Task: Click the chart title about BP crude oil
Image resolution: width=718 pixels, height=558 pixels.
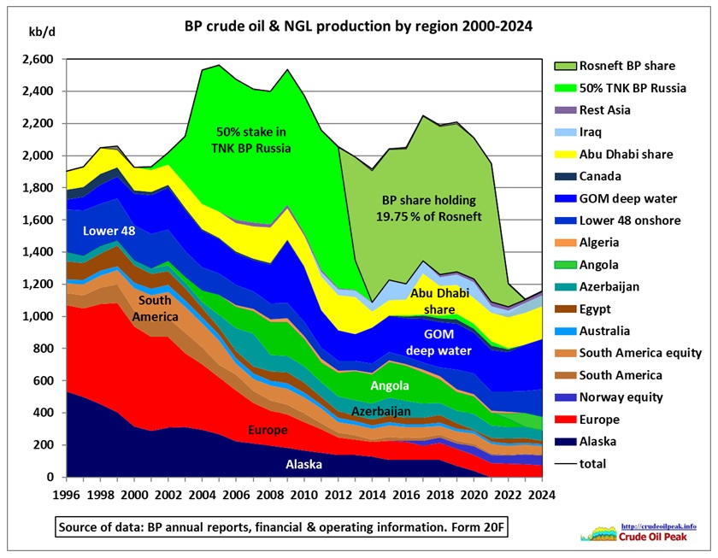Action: pyautogui.click(x=358, y=26)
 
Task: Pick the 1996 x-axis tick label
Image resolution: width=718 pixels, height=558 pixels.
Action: pyautogui.click(x=68, y=495)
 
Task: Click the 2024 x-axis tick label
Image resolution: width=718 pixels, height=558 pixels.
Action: pyautogui.click(x=541, y=495)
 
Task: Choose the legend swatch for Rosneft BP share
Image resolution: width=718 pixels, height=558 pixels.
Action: pyautogui.click(x=564, y=66)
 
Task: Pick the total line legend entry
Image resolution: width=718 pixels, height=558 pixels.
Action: pyautogui.click(x=597, y=464)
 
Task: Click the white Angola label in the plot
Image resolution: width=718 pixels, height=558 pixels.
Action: pyautogui.click(x=389, y=386)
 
